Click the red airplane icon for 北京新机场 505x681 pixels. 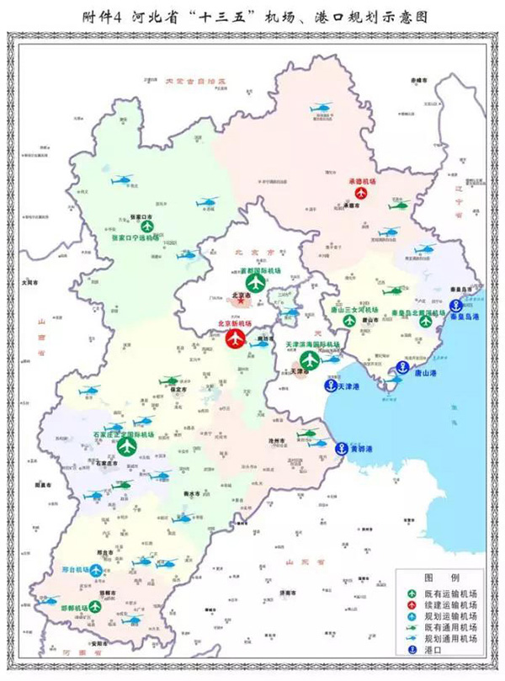coord(237,338)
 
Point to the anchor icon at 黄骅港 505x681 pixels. coord(342,450)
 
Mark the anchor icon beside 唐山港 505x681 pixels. coord(402,369)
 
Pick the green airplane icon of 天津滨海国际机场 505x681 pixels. coord(311,359)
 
